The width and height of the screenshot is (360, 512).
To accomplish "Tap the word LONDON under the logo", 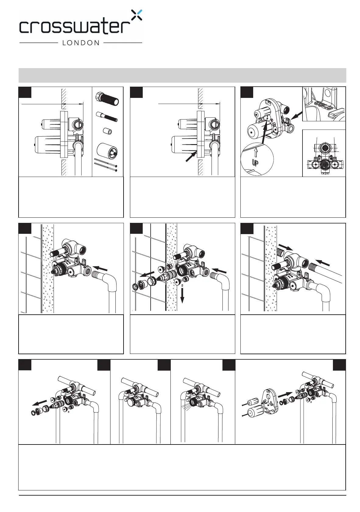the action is [x=81, y=43].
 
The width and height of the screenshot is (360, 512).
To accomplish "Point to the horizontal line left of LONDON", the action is [x=38, y=43].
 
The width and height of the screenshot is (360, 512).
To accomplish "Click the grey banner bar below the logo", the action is [x=182, y=75].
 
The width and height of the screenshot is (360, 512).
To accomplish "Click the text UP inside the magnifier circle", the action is [x=255, y=163].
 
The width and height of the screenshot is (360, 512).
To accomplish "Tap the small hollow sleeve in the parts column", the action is [x=107, y=131].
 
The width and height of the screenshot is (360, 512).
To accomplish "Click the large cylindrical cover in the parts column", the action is [x=107, y=150].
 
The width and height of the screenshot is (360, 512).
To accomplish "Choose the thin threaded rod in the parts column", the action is [x=107, y=116].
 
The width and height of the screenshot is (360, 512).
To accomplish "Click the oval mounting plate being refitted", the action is [x=270, y=402].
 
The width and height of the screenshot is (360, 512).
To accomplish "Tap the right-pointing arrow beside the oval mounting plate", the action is [x=286, y=394].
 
